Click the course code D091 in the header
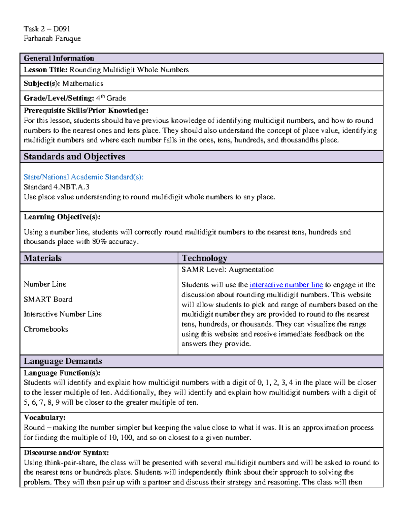pyautogui.click(x=62, y=29)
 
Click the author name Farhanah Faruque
pyautogui.click(x=52, y=39)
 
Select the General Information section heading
pyautogui.click(x=59, y=58)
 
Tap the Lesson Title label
pyautogui.click(x=46, y=70)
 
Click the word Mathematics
pyautogui.click(x=83, y=84)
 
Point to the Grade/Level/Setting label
pyautogui.click(x=59, y=98)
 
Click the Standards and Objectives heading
pyautogui.click(x=74, y=157)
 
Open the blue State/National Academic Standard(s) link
pyautogui.click(x=83, y=177)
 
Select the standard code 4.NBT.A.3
pyautogui.click(x=71, y=187)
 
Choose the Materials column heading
pyautogui.click(x=43, y=258)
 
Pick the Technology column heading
pyautogui.click(x=204, y=258)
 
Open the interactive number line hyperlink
pyautogui.click(x=286, y=285)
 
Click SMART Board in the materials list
pyautogui.click(x=48, y=299)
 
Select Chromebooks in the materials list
pyautogui.click(x=46, y=329)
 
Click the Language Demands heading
pyautogui.click(x=63, y=361)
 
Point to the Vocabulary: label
pyautogui.click(x=45, y=418)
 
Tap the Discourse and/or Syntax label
pyautogui.click(x=66, y=453)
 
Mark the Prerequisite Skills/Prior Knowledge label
pyautogui.click(x=86, y=111)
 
